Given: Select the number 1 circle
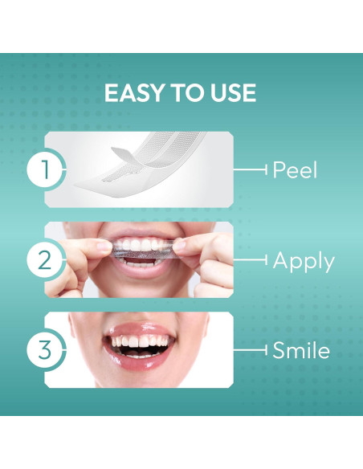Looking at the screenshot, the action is point(45,169).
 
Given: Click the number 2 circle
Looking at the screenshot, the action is point(45,259).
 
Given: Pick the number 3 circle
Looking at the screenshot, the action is point(45,349).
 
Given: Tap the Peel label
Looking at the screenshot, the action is point(295,169).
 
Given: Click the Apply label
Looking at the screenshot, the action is point(304,262).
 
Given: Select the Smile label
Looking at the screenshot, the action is point(301,349).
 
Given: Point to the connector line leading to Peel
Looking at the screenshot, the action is point(250,169).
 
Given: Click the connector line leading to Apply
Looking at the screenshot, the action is point(250,259).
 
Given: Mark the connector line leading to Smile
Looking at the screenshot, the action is point(250,349).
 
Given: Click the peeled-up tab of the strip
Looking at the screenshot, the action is point(123,156).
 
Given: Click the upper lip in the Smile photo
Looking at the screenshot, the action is point(140,329).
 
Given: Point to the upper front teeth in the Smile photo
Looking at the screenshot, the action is point(141,341).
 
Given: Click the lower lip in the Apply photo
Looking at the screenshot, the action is point(141,271).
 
